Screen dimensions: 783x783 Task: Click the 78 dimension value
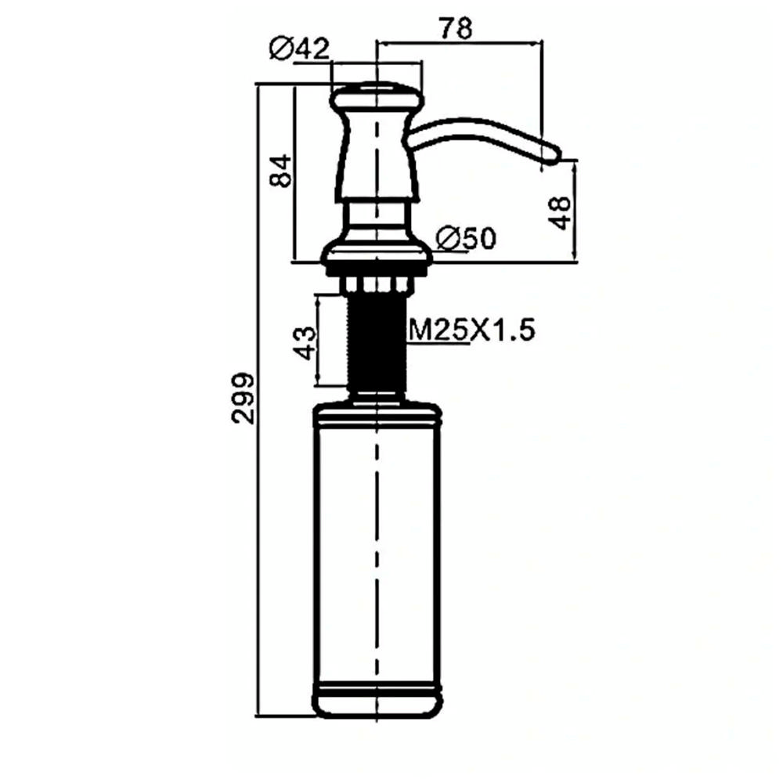click(456, 28)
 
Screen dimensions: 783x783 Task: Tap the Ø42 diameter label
click(300, 49)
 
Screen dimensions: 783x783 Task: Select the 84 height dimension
click(280, 171)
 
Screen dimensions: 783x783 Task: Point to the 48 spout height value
click(561, 213)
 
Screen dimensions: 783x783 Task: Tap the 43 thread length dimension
click(305, 343)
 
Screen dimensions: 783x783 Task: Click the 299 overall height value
click(244, 398)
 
